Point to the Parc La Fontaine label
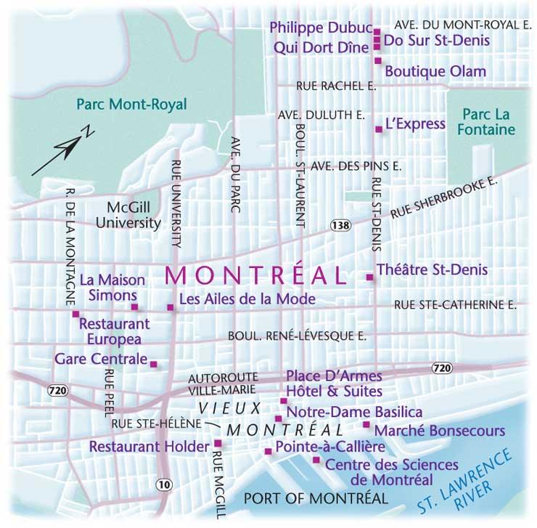pos(488,122)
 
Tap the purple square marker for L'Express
pos(378,129)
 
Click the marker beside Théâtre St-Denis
pos(370,277)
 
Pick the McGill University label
pos(132,215)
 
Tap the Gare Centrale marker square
pos(153,364)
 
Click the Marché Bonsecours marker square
pos(366,425)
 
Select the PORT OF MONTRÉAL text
pos(316,498)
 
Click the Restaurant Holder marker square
pos(217,442)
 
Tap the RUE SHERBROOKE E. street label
pos(444,198)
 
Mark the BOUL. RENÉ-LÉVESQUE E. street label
pos(297,336)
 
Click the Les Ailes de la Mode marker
pos(171,308)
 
